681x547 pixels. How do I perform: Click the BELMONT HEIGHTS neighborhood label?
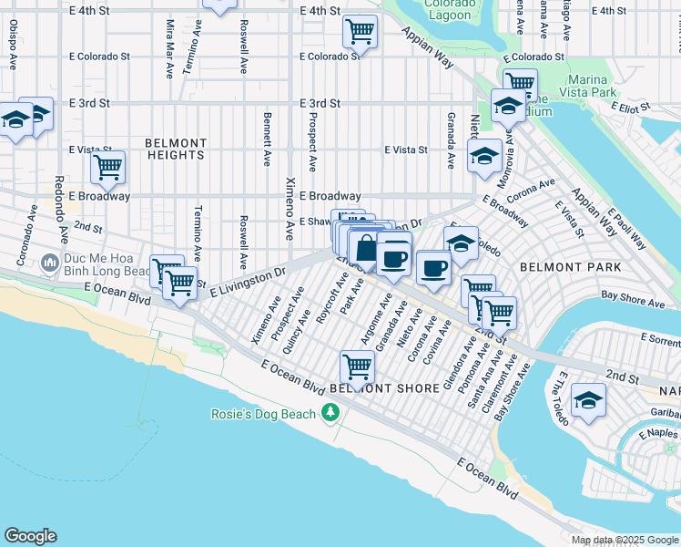175,150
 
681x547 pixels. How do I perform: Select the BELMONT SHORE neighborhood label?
385,387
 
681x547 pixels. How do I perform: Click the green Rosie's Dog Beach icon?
330,414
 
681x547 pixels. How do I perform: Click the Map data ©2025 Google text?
624,540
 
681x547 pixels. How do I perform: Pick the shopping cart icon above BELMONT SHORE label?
358,366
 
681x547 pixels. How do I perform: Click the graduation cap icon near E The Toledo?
589,401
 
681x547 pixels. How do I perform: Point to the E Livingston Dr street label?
249,281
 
